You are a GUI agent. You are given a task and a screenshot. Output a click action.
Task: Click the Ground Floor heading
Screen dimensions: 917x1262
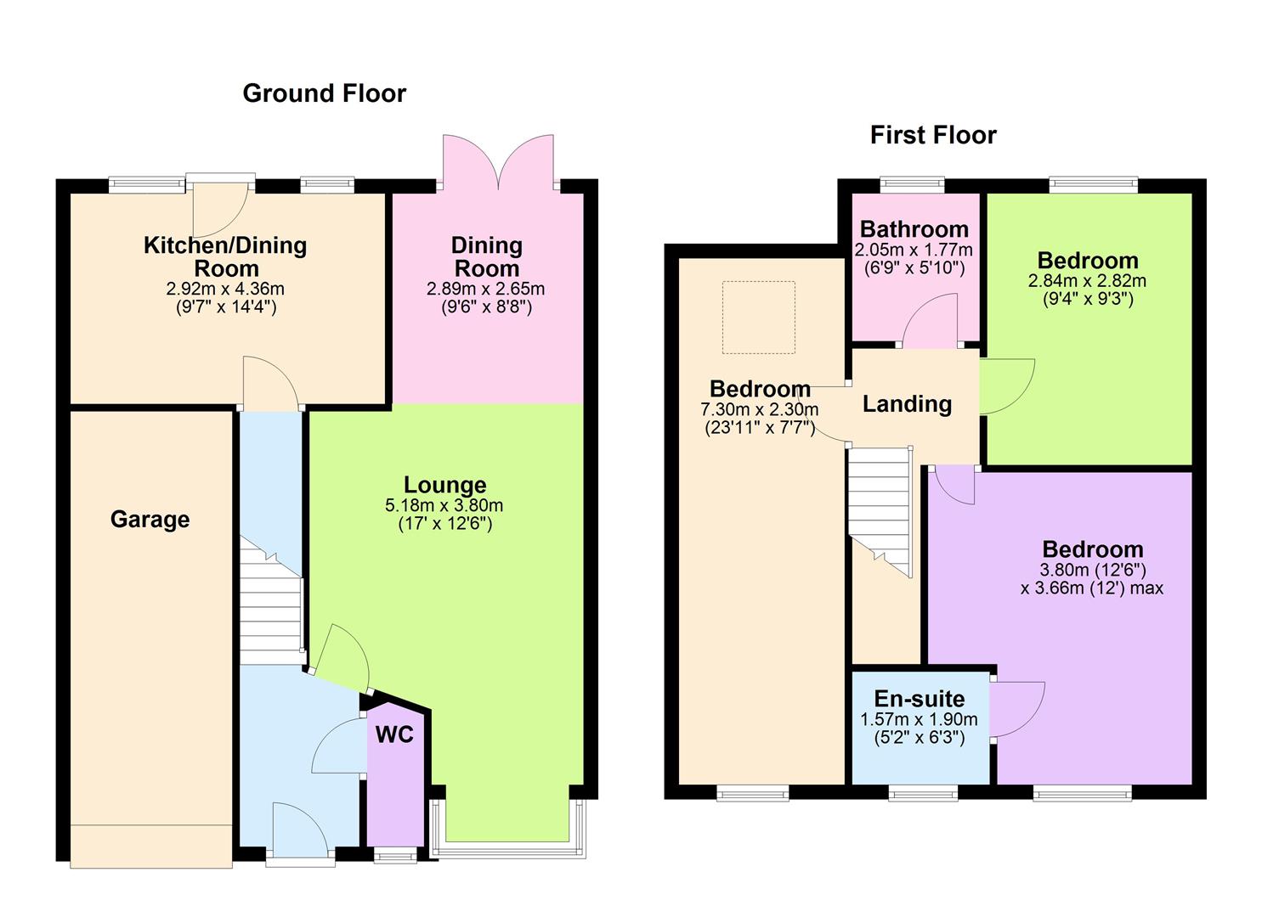[x=324, y=93]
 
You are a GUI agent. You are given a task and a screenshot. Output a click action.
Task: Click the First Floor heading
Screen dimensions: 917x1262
[x=932, y=135]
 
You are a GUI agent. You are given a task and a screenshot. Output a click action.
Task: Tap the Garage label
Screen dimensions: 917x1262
[x=150, y=520]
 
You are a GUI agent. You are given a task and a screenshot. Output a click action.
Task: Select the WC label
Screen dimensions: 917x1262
[x=394, y=734]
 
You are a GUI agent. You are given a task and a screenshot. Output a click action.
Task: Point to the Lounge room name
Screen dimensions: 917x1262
[x=444, y=485]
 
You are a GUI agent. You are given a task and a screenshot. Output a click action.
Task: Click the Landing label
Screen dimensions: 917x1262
[x=907, y=404]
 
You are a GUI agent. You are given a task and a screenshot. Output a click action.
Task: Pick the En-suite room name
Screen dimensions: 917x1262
[x=919, y=699]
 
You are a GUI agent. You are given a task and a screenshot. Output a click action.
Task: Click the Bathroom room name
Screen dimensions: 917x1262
[x=914, y=229]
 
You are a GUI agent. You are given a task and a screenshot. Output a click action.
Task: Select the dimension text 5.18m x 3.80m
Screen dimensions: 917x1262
[x=444, y=506]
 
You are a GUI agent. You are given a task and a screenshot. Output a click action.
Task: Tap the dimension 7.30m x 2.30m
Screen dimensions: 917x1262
[x=759, y=409]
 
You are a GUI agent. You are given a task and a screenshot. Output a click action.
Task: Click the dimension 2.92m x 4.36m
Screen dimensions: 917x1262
[x=225, y=290]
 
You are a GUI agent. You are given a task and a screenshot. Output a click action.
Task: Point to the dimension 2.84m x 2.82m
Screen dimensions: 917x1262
[x=1087, y=281]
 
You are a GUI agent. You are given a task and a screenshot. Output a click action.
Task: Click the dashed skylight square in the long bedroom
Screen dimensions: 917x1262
[x=758, y=317]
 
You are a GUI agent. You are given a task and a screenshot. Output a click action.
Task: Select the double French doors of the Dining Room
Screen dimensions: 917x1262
[x=498, y=163]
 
